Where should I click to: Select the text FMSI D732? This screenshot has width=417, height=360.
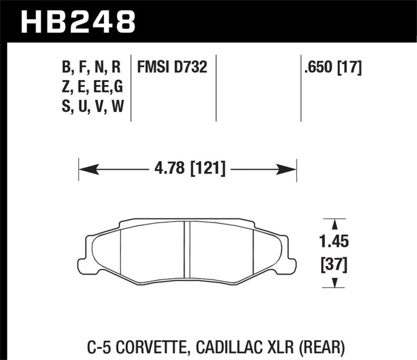click(172, 67)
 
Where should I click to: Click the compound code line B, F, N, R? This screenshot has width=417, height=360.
click(91, 67)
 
